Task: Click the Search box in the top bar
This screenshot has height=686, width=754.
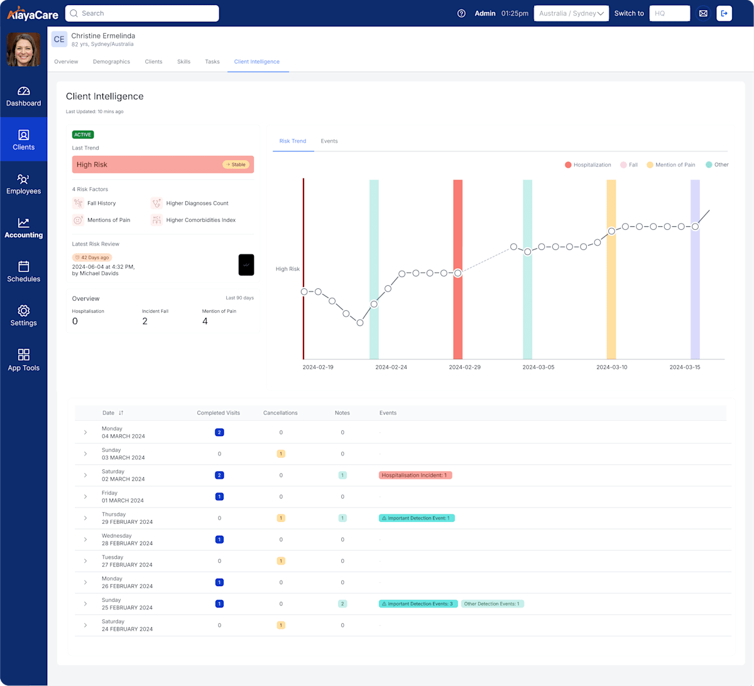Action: click(x=142, y=13)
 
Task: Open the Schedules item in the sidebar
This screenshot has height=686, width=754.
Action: click(x=23, y=271)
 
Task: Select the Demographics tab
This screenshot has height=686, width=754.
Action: click(x=111, y=62)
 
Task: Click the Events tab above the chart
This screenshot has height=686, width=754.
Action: click(x=329, y=141)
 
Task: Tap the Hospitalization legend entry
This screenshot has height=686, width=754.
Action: click(x=588, y=165)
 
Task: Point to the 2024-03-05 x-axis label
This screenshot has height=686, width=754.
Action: click(x=538, y=367)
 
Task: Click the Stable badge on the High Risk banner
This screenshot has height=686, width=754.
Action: click(x=236, y=165)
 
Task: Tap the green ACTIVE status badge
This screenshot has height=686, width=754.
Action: click(x=83, y=134)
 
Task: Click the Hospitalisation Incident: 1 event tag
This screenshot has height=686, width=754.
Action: click(x=415, y=475)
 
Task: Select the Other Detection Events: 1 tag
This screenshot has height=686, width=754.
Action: click(x=492, y=604)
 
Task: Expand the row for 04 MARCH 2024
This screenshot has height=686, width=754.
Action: click(x=85, y=432)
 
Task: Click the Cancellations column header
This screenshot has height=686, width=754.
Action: click(x=280, y=413)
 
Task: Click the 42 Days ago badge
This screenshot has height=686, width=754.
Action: click(x=92, y=258)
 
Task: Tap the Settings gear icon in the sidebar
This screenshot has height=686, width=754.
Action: click(x=23, y=311)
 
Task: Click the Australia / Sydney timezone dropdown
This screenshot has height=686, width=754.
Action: click(x=571, y=13)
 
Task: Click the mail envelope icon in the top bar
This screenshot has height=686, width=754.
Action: click(x=703, y=13)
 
